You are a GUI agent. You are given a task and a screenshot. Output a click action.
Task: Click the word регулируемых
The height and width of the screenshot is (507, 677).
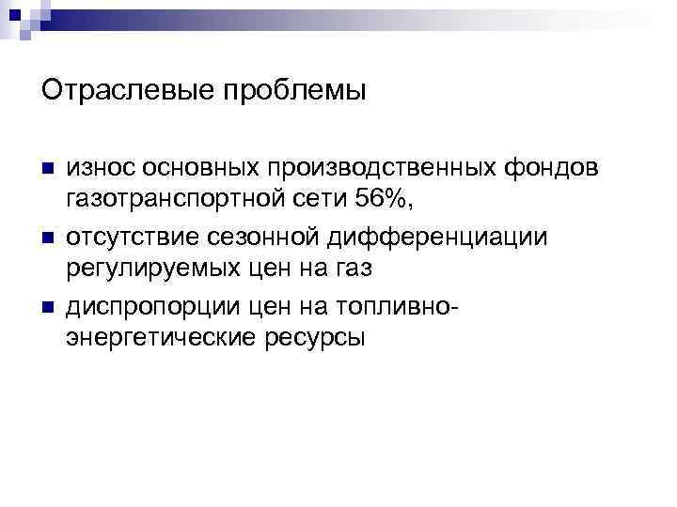coord(163,269)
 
